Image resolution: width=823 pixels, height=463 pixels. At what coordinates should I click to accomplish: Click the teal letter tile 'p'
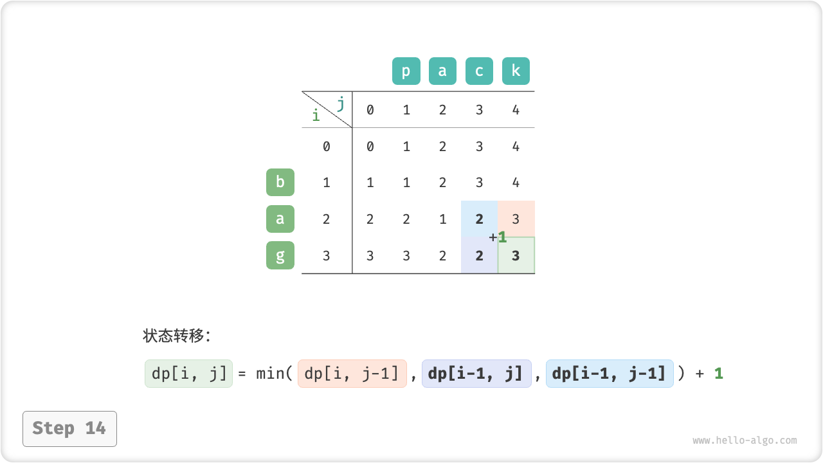406,71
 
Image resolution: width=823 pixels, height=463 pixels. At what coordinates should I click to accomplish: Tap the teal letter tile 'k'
516,71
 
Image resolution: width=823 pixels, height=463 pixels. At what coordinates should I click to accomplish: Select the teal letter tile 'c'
479,71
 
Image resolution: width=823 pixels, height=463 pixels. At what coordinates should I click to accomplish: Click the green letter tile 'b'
280,182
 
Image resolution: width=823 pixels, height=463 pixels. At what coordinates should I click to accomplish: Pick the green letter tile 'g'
280,255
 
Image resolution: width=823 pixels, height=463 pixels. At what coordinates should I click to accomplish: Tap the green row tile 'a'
280,219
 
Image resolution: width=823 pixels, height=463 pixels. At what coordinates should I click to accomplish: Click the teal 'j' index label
341,104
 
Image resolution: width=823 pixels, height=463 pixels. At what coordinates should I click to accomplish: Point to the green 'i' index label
316,115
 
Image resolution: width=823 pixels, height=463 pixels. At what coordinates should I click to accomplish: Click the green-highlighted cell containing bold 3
516,255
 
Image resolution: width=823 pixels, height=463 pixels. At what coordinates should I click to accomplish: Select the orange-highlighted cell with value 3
516,219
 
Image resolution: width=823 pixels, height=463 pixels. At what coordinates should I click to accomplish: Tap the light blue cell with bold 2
480,219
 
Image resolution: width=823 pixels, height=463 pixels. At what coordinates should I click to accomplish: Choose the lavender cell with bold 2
480,255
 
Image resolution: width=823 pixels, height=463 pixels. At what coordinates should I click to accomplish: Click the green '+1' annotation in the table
498,237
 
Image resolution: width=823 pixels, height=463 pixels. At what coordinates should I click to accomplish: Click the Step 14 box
70,429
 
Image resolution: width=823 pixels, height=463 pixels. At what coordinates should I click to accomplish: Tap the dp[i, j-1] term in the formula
352,374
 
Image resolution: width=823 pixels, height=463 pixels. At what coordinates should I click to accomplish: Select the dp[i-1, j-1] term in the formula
610,374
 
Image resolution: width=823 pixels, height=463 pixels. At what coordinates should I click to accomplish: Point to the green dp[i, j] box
188,374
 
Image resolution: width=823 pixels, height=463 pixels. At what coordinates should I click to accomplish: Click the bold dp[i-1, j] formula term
476,374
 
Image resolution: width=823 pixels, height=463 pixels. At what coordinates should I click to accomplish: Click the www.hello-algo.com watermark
745,440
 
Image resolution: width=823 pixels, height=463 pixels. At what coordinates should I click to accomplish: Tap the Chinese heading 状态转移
174,336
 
